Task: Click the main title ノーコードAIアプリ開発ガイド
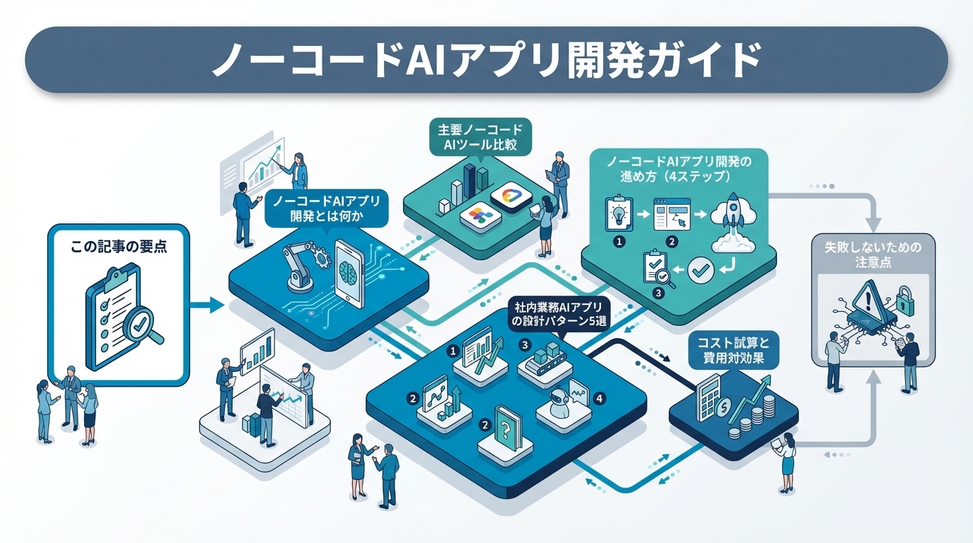click(486, 61)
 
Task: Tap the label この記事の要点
click(119, 248)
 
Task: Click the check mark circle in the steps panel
click(699, 269)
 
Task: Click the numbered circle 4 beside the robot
click(600, 399)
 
